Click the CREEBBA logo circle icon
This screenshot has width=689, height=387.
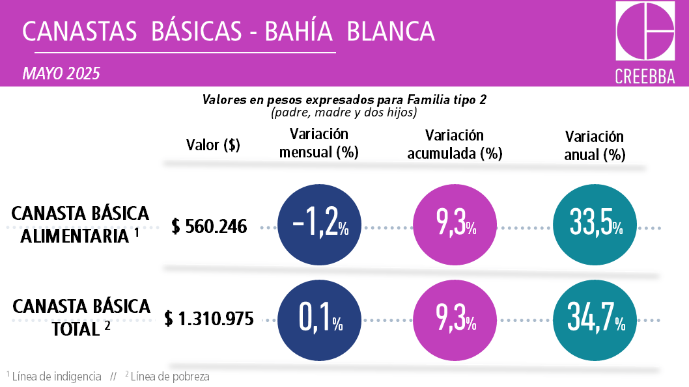pos(645,32)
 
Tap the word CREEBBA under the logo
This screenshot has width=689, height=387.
pos(645,76)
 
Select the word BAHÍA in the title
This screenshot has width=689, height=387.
pos(302,31)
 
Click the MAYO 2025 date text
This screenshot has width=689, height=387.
pos(61,73)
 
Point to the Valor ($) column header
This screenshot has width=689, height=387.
pos(213,145)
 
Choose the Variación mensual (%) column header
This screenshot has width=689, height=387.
pos(319,143)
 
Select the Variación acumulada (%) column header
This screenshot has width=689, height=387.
pos(455,144)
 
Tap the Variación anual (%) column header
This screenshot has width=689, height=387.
pos(595,146)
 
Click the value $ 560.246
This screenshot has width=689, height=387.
pos(210,226)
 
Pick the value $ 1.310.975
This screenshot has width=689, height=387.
pos(209,319)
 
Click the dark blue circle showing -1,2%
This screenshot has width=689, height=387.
pos(321,226)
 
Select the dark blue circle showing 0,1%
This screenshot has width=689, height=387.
pos(321,319)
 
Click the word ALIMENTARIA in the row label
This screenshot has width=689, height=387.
pos(75,235)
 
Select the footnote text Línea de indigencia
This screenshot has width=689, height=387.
pos(56,377)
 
